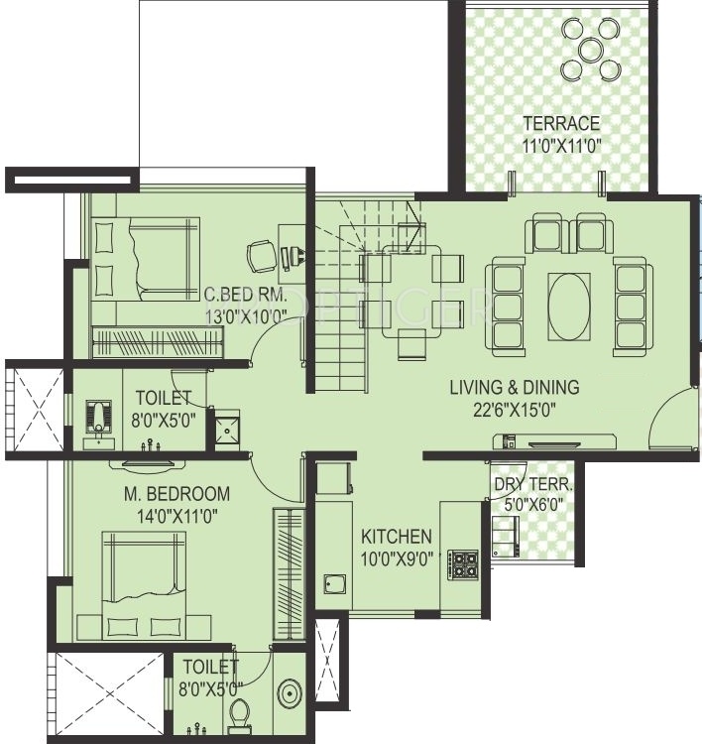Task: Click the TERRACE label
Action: (x=562, y=124)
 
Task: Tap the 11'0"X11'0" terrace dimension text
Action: (x=562, y=145)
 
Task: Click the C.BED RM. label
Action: (x=245, y=295)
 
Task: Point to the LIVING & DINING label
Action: (x=514, y=388)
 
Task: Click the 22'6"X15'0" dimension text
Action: (x=514, y=409)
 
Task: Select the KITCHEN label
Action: (x=396, y=536)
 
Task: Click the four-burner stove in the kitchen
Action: (x=464, y=564)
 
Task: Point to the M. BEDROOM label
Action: (x=177, y=493)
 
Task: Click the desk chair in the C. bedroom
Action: (x=260, y=254)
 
